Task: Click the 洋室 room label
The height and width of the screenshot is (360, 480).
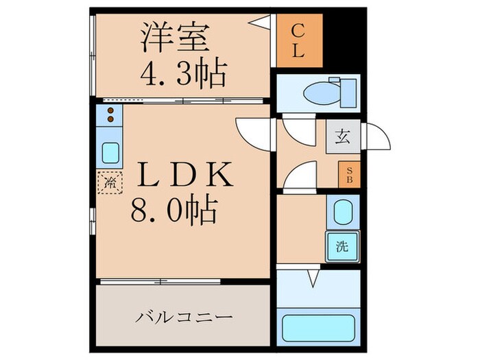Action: coord(174,38)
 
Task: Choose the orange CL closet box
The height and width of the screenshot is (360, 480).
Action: coord(299,40)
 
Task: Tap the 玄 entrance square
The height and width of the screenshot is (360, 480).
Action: coord(342,136)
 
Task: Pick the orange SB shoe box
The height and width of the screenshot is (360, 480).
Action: coord(348,174)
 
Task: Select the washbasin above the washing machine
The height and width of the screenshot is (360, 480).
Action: coord(341,213)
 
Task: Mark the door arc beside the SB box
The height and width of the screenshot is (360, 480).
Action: coord(300,177)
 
